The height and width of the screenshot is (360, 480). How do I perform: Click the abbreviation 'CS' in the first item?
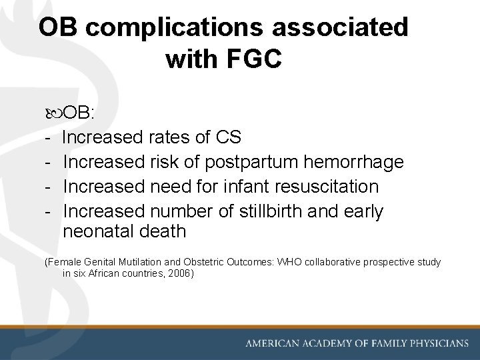229,138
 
